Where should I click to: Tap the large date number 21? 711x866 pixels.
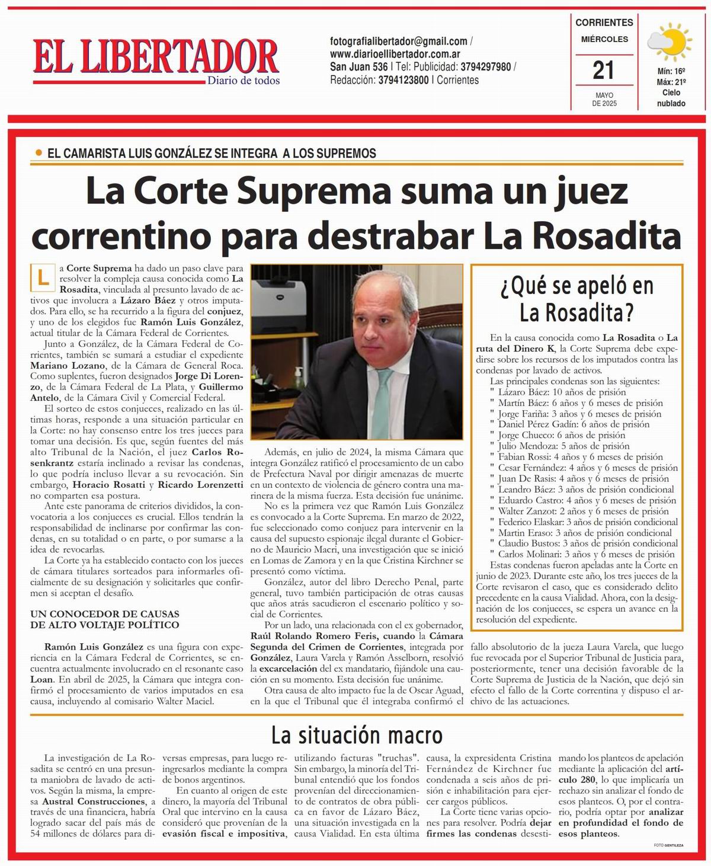coord(603,71)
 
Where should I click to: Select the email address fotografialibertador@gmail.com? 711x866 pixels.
coord(399,41)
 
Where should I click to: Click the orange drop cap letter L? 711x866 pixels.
coord(42,277)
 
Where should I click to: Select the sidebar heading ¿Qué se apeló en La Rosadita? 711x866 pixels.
coord(577,298)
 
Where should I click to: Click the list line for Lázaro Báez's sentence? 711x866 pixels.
coord(561,392)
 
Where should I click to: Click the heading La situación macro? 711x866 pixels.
coord(357,735)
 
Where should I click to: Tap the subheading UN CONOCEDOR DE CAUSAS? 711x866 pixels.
coord(105,614)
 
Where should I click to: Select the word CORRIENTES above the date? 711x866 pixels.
coord(604,23)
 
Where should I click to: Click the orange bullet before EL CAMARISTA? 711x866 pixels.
coord(39,153)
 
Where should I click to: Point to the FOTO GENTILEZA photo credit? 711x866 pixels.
coord(668,845)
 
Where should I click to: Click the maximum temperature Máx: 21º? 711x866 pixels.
coord(671,82)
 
